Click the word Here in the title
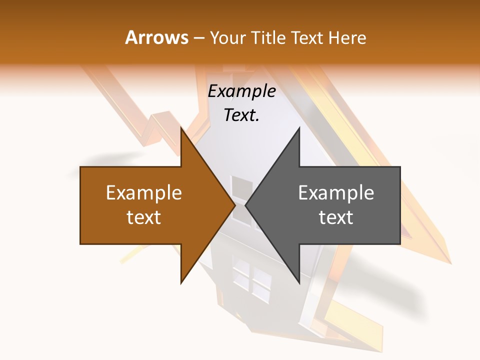347,38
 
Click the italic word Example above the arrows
241,91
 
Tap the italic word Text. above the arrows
241,115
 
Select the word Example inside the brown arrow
144,193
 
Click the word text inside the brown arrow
144,217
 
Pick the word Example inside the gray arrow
336,193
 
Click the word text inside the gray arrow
336,217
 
